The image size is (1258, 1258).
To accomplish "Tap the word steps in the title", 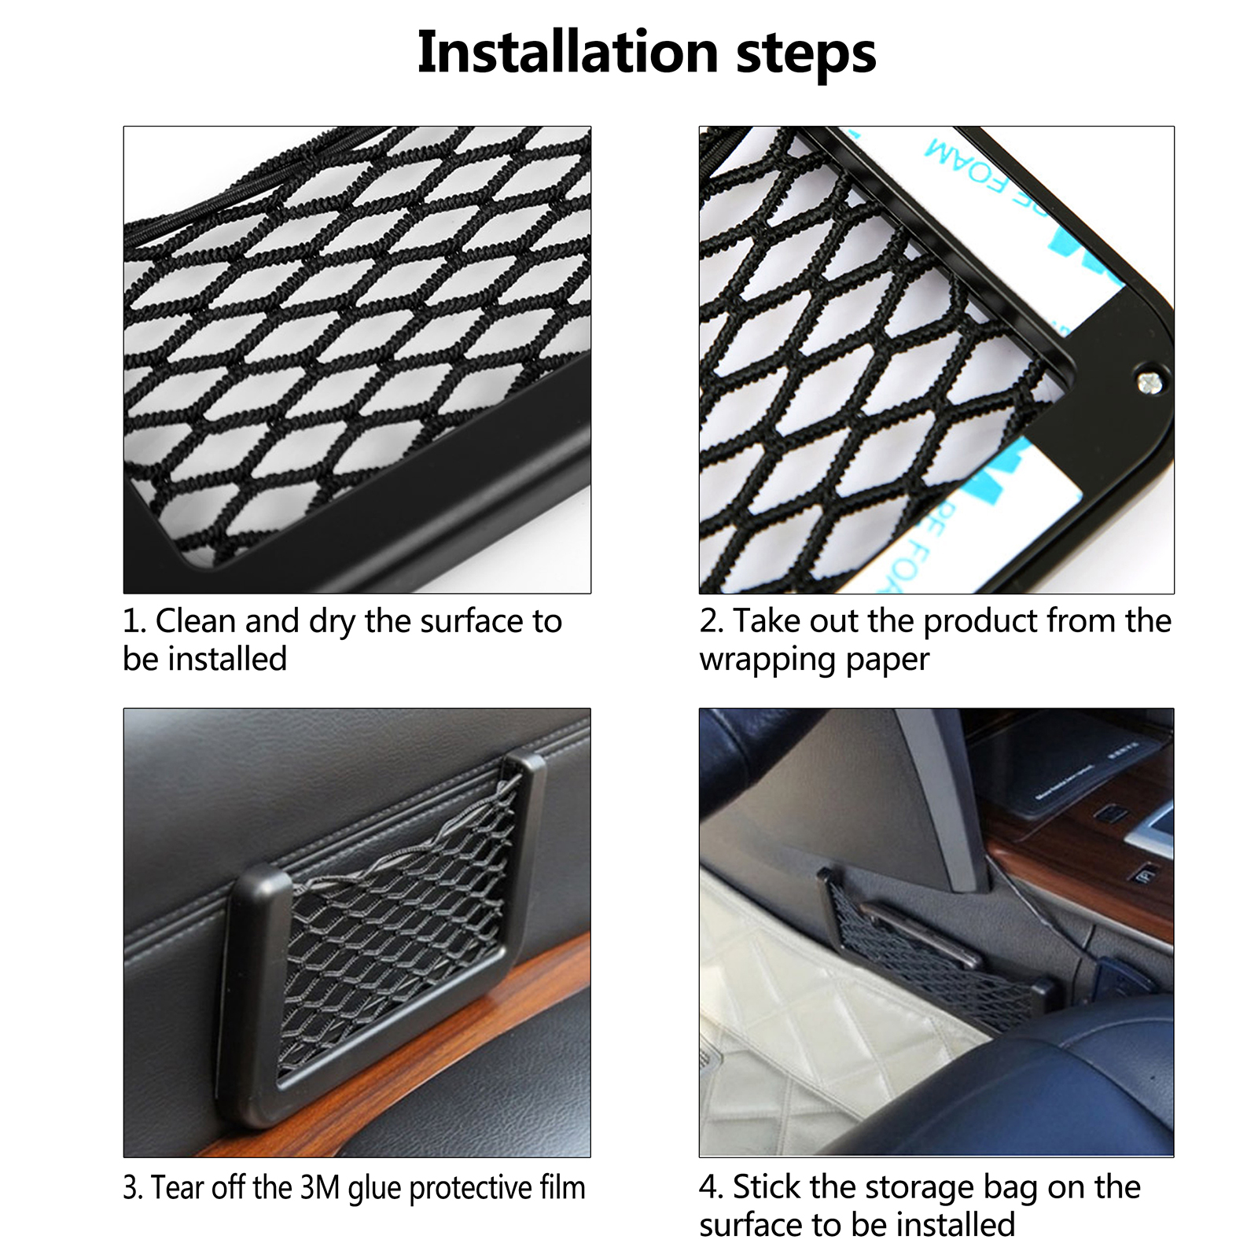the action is (806, 55).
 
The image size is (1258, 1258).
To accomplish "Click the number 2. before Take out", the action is (712, 621).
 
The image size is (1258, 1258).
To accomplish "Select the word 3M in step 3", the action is (319, 1187).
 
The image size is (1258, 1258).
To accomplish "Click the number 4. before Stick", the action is (712, 1187).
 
